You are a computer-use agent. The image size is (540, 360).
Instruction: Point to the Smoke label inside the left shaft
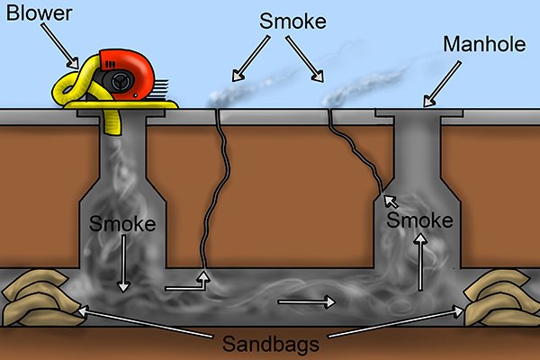pyautogui.click(x=120, y=222)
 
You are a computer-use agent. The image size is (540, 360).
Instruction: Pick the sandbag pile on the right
pyautogui.click(x=502, y=300)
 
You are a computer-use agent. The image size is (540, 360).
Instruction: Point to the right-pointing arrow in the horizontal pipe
pyautogui.click(x=305, y=301)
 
